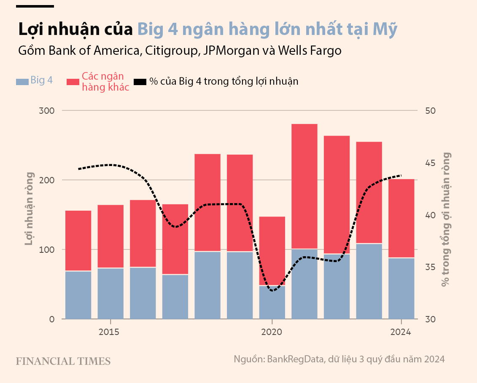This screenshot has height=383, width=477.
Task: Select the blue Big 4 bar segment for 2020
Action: (272, 302)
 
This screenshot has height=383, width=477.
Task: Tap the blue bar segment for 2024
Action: (401, 288)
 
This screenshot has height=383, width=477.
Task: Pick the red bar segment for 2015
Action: (110, 236)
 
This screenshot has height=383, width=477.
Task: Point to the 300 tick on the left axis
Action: (47, 110)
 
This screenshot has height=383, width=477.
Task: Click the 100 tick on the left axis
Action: (47, 249)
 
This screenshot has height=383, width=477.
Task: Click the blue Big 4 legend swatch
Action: (22, 82)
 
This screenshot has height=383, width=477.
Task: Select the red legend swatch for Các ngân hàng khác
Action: (73, 82)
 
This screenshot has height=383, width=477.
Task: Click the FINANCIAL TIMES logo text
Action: (63, 361)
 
